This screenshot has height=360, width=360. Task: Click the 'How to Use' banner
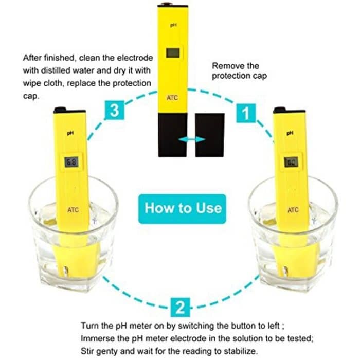pos(183,208)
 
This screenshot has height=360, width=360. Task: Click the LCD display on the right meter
pos(291,163)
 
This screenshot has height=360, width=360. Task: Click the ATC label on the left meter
pos(74,209)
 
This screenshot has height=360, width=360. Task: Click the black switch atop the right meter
pos(280,110)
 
